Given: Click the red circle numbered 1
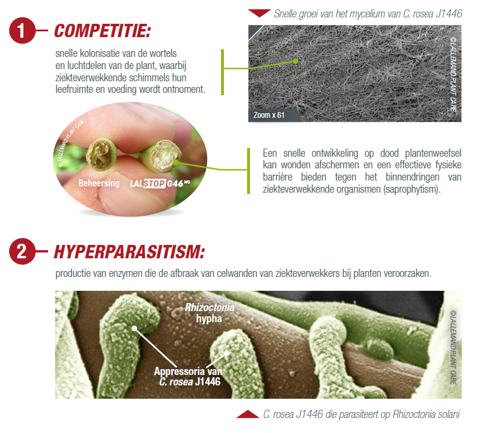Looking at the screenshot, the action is coord(21,31).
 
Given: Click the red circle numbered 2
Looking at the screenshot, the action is coord(21,251).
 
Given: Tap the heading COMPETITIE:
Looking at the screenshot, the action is coord(103,31).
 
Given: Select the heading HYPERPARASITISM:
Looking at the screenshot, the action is coord(129,252).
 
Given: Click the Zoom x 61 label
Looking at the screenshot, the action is coord(269,116).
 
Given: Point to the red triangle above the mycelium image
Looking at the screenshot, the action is coord(259,13).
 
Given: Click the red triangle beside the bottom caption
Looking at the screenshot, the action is coord(248,414).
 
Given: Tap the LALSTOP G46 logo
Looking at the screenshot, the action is coord(160,183).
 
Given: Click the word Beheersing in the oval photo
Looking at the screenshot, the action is coord(99,183).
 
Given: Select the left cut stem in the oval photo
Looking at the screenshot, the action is coord(102,154).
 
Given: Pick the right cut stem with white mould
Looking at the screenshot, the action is coord(162,156).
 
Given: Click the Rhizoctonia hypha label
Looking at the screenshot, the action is coord(209,313).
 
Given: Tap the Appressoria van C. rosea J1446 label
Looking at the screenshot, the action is coord(189,376).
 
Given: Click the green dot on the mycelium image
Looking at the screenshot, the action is coord(295,61).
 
